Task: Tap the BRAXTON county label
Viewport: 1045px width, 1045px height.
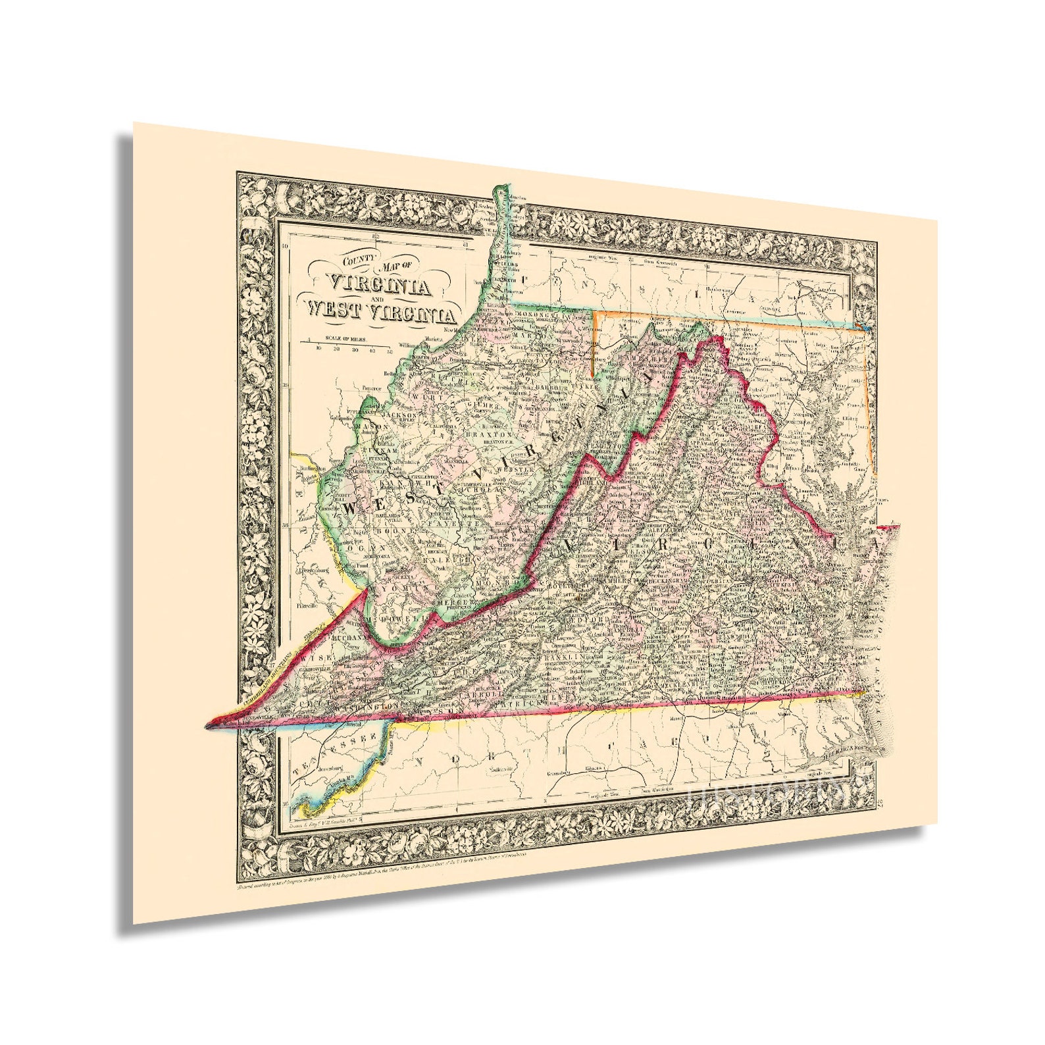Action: (x=488, y=436)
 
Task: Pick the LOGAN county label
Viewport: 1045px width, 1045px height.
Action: (x=358, y=546)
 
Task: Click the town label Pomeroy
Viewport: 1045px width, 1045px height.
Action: (x=372, y=388)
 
